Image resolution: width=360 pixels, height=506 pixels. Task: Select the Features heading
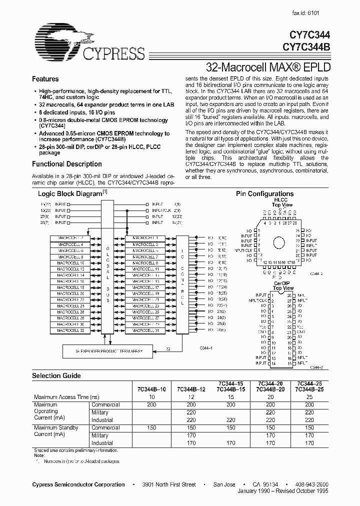[45, 79]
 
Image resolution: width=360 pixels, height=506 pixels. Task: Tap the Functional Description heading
[66, 164]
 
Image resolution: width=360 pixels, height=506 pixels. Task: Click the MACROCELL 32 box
[70, 331]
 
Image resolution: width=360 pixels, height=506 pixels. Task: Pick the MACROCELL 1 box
[145, 237]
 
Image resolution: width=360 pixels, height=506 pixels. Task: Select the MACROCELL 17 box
[145, 287]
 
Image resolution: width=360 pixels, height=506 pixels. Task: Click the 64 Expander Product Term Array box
[102, 351]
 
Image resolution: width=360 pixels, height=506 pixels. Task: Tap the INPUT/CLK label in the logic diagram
[159, 210]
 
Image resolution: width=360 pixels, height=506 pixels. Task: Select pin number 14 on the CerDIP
[271, 363]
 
